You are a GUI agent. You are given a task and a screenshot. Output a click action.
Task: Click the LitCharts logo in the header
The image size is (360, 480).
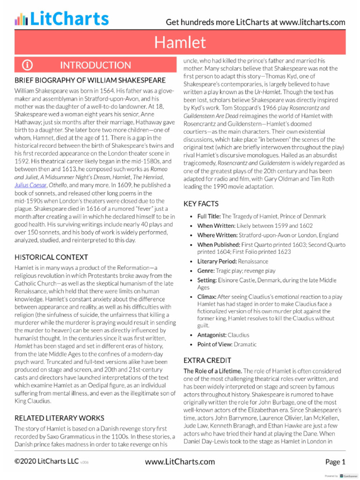point(61,19)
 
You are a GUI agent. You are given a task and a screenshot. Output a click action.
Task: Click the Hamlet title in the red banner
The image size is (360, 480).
point(180,43)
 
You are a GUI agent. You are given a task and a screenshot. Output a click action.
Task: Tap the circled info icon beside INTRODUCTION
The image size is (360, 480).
point(28,65)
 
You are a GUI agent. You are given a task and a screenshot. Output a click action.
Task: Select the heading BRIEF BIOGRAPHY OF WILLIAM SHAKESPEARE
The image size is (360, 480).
point(90,80)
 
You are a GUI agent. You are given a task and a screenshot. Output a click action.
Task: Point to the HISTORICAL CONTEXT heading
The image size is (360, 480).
point(51,257)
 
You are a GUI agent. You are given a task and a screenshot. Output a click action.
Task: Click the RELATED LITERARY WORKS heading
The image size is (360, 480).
point(60,418)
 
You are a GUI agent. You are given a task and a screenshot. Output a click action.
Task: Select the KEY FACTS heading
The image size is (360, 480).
point(201,204)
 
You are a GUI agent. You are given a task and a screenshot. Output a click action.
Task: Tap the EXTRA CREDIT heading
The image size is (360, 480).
point(207,360)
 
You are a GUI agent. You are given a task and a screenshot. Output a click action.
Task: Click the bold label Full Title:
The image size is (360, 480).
point(209,217)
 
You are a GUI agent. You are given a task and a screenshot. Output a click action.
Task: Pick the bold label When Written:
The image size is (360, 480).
point(217,226)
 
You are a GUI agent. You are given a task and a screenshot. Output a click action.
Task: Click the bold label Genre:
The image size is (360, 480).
point(207,271)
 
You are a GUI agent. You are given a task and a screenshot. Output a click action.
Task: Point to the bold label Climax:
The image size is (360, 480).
point(207,297)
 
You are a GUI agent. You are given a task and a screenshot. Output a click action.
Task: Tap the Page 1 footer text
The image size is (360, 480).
point(335,462)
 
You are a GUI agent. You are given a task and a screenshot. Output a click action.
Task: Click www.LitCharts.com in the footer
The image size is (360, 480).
point(180,462)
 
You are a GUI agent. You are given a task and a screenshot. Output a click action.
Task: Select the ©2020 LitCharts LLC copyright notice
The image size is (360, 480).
point(46,461)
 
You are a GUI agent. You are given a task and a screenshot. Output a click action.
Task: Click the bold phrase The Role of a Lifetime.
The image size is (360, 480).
point(212,371)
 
